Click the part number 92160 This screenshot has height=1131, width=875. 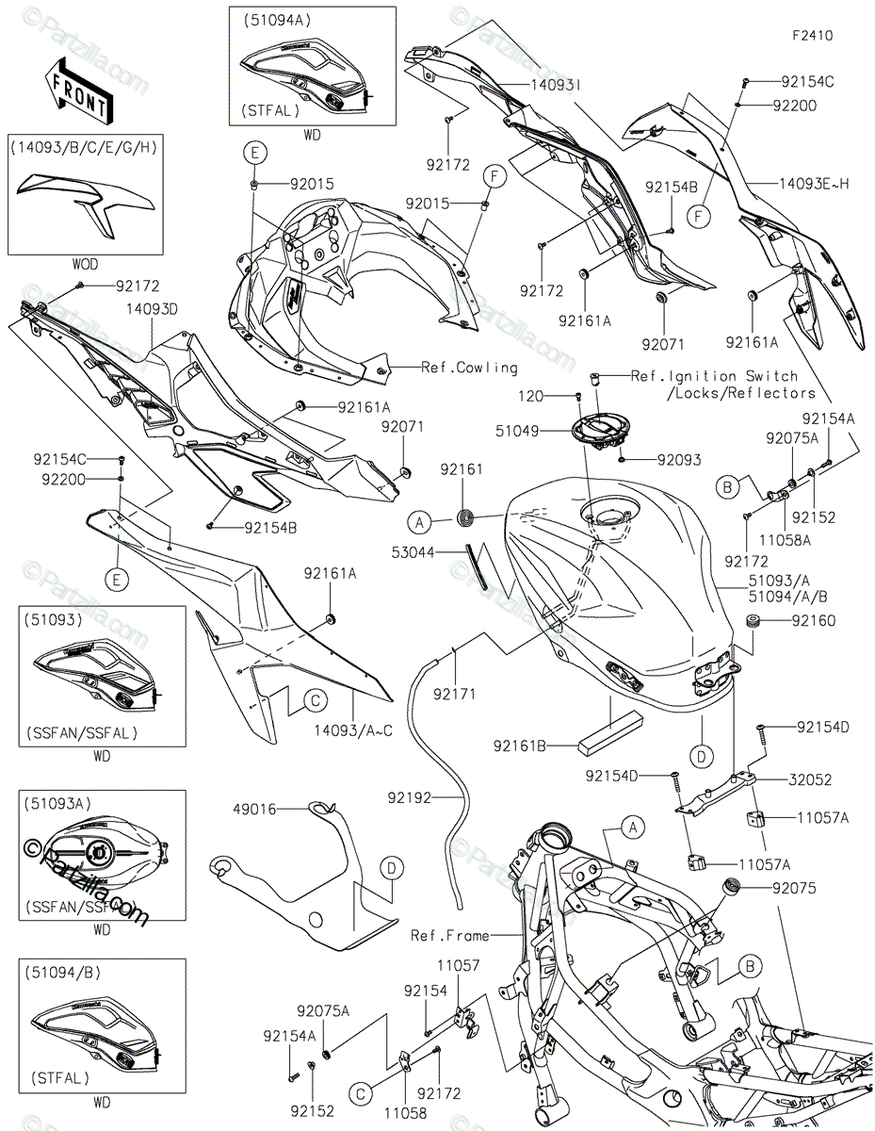tap(812, 621)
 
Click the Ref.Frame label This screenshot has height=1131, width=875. tap(450, 936)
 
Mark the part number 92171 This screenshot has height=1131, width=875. tap(455, 695)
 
